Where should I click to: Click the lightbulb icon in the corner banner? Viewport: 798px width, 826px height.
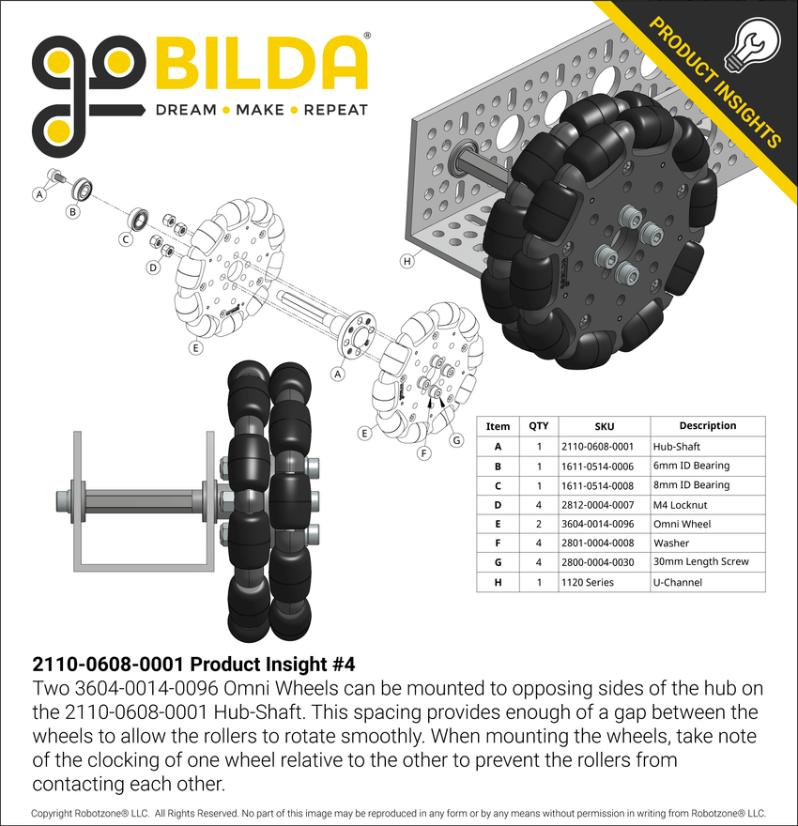coord(752,46)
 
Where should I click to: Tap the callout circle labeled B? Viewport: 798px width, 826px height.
coord(72,212)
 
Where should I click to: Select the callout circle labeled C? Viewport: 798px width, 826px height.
coord(126,239)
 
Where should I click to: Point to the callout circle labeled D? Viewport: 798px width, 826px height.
coord(153,268)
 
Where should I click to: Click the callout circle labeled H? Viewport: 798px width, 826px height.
coord(407,261)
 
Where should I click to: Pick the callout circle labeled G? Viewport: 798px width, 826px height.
coord(456,440)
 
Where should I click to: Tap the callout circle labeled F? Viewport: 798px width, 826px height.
coord(424,453)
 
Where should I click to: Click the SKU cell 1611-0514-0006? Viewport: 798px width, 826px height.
coord(597,467)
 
